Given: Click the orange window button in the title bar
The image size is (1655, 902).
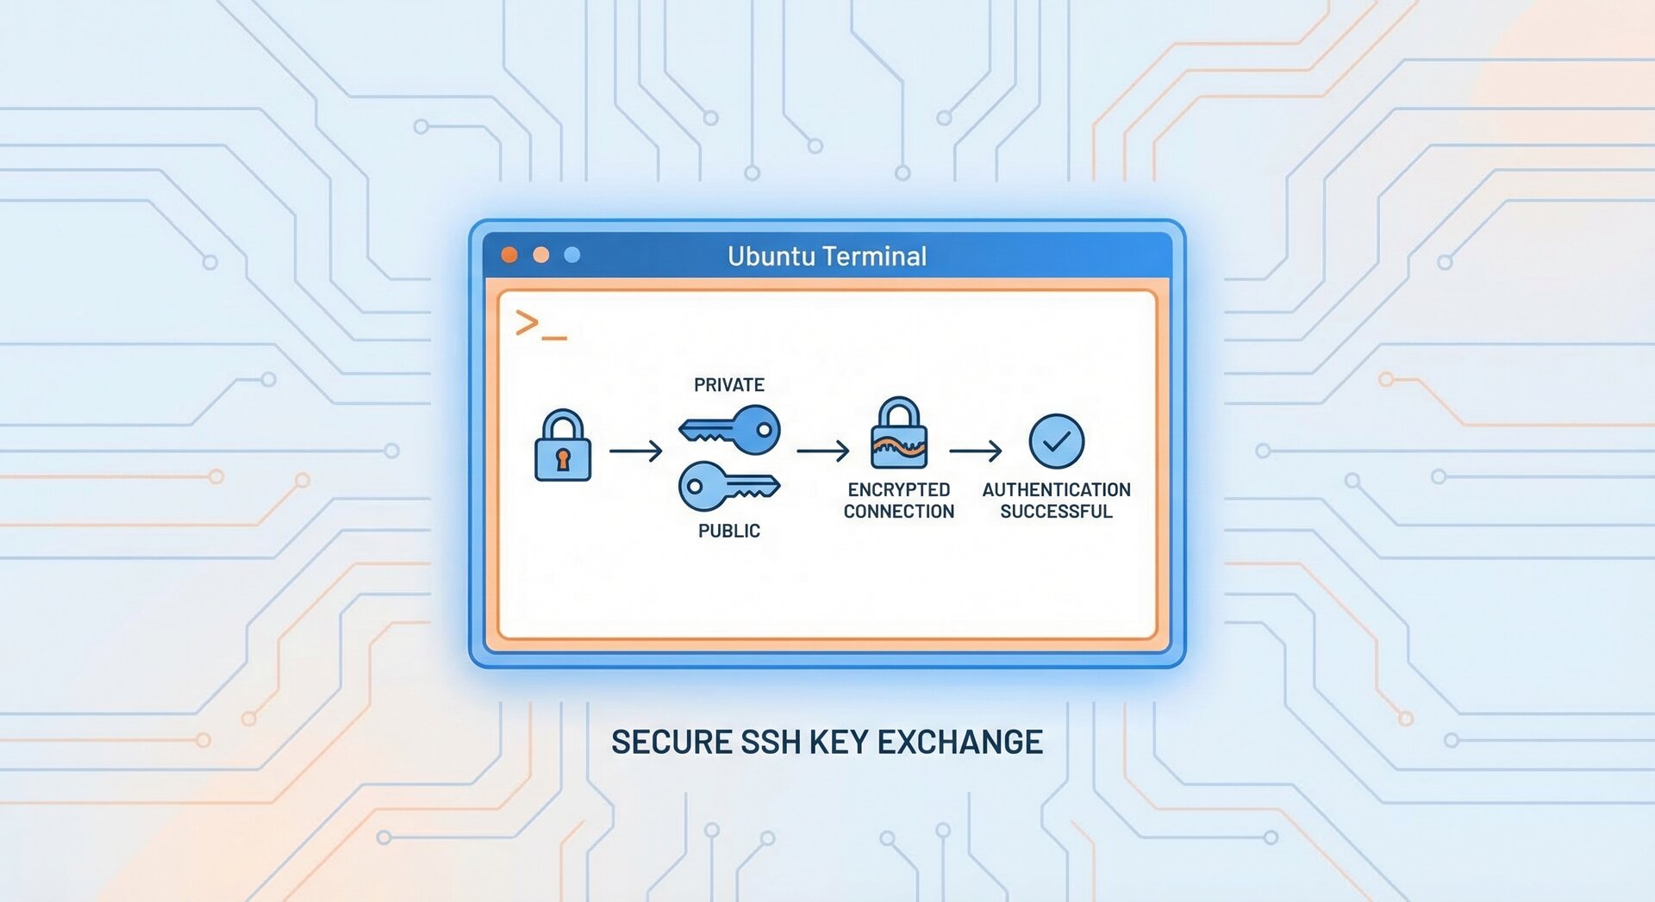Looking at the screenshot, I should [509, 255].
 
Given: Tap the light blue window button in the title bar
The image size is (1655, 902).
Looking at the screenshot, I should [572, 255].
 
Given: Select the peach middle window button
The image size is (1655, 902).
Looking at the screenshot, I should [541, 255].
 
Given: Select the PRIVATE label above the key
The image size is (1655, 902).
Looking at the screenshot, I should [729, 385].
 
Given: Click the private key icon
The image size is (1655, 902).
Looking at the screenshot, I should [733, 429].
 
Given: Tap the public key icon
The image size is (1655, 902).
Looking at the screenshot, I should [727, 488].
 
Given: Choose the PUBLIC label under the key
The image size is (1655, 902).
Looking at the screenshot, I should [729, 531].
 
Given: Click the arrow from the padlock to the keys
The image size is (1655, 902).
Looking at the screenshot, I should [636, 451].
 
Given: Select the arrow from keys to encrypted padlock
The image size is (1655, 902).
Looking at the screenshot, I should [823, 451].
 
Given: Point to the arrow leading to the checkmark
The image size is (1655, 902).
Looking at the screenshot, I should [976, 451].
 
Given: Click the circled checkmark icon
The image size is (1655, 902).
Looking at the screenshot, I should [1057, 442].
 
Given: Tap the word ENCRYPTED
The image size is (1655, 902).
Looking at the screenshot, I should [899, 489].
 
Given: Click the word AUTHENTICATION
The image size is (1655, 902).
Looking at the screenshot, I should [1057, 489].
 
